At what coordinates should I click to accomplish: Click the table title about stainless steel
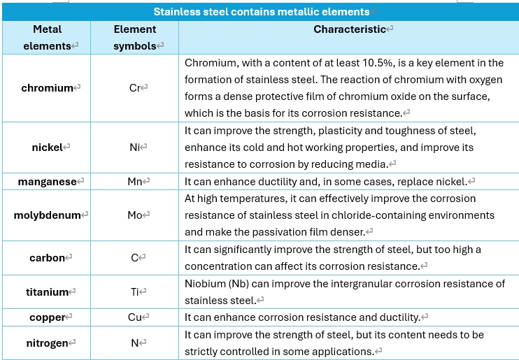click(261, 12)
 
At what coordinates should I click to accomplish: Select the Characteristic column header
click(350, 29)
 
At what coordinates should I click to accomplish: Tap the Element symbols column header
click(135, 38)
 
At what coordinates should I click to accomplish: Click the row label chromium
click(47, 88)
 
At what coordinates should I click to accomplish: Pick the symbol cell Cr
click(135, 88)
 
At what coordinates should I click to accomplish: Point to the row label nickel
click(47, 147)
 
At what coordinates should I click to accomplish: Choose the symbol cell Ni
click(135, 147)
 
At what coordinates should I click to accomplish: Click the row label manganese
click(47, 182)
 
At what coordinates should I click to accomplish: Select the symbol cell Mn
click(135, 182)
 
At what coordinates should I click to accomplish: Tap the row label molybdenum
click(47, 215)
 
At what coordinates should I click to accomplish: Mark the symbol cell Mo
click(135, 215)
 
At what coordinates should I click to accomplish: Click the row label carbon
click(47, 258)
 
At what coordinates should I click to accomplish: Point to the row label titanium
click(47, 292)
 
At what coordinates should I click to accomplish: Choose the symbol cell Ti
click(135, 292)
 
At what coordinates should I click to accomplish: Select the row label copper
click(47, 317)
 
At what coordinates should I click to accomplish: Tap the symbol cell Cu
click(135, 317)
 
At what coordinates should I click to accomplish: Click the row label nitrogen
click(47, 343)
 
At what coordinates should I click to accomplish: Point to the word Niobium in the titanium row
click(206, 284)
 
